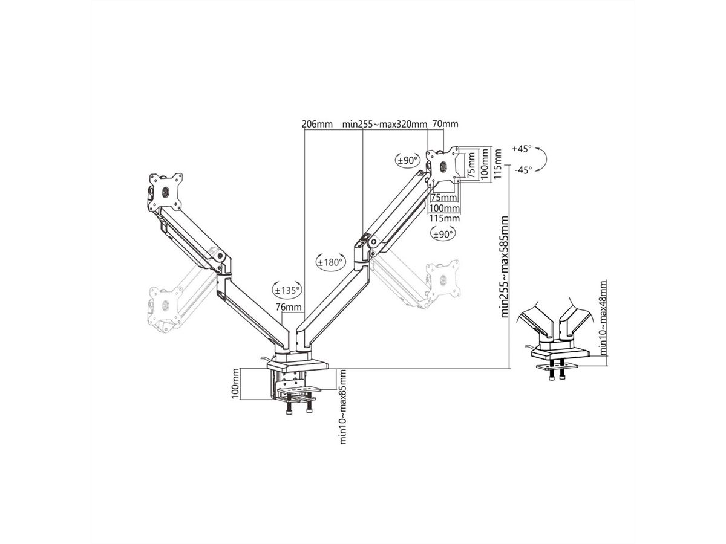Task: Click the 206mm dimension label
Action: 316,124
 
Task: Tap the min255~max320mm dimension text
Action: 384,124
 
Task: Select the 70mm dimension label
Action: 445,124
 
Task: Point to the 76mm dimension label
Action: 289,307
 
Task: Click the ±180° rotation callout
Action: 331,262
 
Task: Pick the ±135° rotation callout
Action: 287,290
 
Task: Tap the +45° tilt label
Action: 522,149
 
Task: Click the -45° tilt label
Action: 523,170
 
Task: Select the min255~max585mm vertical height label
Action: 504,267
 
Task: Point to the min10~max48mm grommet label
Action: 603,318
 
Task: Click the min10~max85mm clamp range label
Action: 343,407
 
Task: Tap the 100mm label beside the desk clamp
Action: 235,383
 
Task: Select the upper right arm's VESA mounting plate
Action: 442,166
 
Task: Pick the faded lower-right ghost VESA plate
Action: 443,280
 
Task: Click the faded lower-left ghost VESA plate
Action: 165,305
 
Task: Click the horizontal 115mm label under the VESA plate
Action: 444,218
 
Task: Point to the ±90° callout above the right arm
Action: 407,161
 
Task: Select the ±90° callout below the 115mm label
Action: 442,234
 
